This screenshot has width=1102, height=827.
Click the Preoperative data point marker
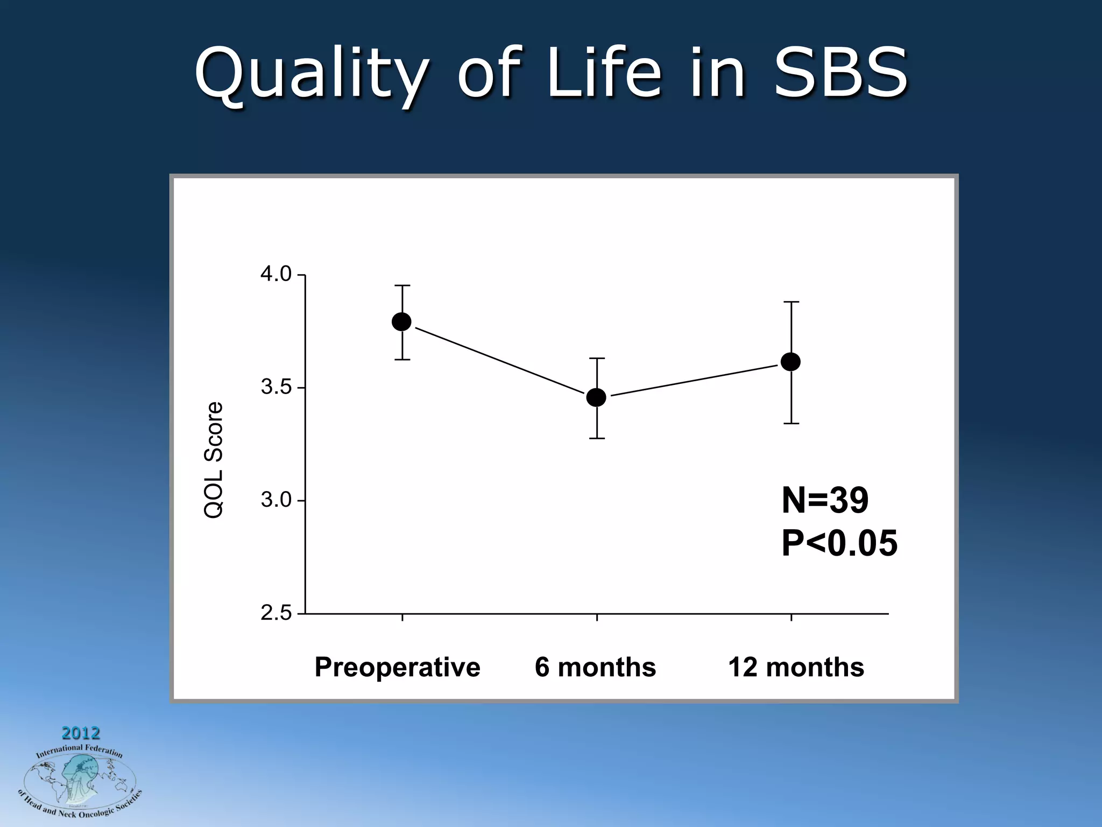(402, 322)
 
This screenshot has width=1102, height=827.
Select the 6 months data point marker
(596, 397)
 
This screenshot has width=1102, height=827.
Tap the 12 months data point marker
(790, 362)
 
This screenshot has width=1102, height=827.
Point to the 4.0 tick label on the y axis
(275, 275)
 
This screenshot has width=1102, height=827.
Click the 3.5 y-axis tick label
(275, 388)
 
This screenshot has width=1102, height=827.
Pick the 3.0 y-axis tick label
(275, 500)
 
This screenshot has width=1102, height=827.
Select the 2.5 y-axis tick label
(275, 613)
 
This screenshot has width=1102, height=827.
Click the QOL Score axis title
(214, 460)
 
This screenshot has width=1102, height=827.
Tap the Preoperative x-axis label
(397, 668)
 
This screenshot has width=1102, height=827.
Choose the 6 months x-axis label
(595, 668)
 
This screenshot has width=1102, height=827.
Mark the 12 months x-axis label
(796, 668)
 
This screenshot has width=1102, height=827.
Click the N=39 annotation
(824, 500)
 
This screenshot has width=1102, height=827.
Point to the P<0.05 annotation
(839, 543)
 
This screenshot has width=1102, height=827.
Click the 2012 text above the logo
(81, 733)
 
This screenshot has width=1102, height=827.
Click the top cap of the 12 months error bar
(791, 302)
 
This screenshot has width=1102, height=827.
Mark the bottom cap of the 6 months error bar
(597, 438)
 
